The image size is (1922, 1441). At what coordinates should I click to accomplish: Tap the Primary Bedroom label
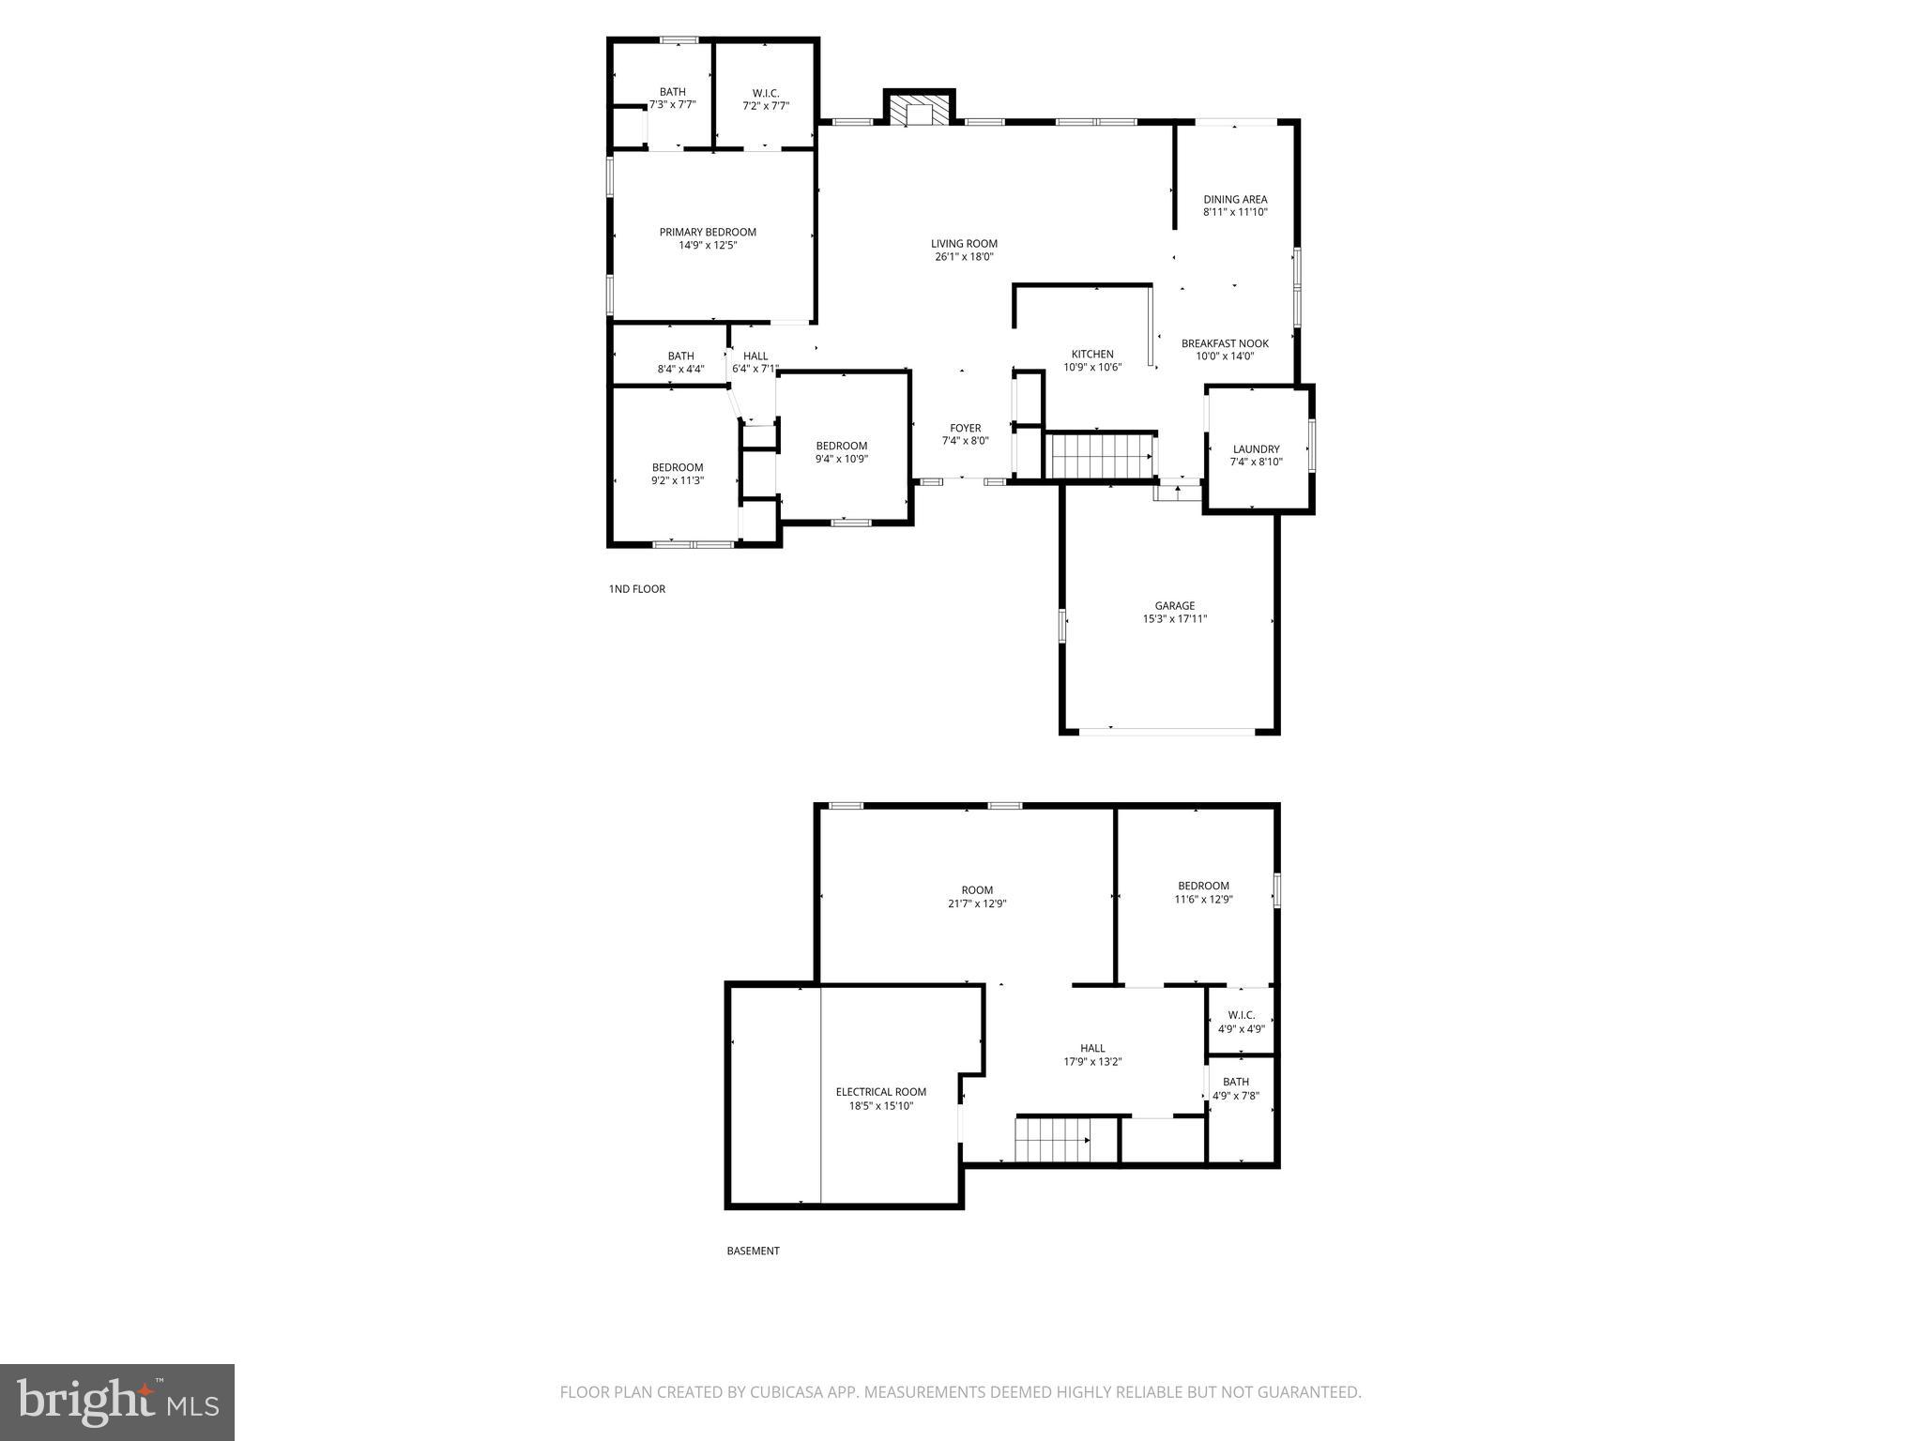pos(708,233)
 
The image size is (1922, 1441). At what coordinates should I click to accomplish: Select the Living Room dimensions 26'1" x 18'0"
pos(964,257)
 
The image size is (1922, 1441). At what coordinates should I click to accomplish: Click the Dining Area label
pos(1235,199)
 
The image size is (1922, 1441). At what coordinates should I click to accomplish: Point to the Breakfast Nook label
pos(1225,343)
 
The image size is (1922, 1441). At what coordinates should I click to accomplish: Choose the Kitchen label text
pos(1092,354)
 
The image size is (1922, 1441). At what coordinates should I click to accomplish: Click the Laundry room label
pos(1256,449)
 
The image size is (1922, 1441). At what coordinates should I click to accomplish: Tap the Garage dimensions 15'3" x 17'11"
pos(1174,619)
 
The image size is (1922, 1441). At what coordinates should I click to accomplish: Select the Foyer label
pos(965,428)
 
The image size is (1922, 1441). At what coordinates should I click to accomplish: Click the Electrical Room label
pos(880,1091)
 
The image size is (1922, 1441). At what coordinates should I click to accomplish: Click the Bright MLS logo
pos(117,1403)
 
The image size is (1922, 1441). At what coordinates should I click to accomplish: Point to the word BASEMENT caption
pos(753,1251)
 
